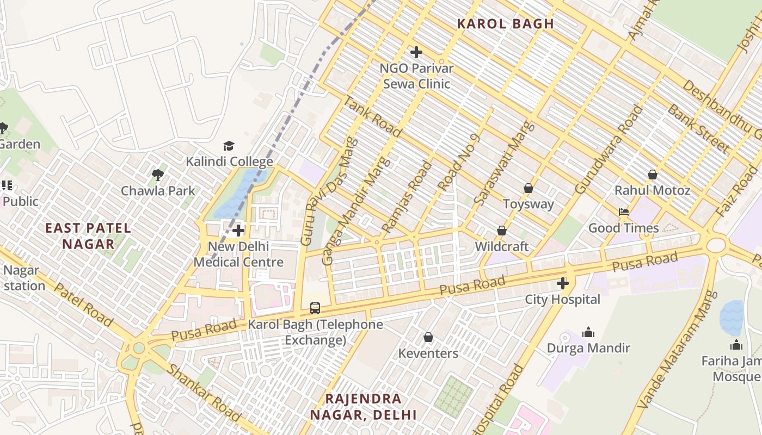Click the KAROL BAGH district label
pyautogui.click(x=505, y=24)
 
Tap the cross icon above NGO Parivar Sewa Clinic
pyautogui.click(x=416, y=52)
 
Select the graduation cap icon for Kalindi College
pyautogui.click(x=229, y=146)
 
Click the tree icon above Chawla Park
pyautogui.click(x=158, y=175)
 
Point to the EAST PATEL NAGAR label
pyautogui.click(x=88, y=236)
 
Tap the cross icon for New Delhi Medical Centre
pyautogui.click(x=238, y=231)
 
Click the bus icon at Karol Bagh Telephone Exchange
pyautogui.click(x=315, y=308)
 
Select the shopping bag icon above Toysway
pyautogui.click(x=528, y=188)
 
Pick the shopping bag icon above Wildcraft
pyautogui.click(x=501, y=231)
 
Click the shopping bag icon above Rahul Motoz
pyautogui.click(x=652, y=175)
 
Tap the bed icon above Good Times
pyautogui.click(x=623, y=212)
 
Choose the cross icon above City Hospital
pyautogui.click(x=562, y=283)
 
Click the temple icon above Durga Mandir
pyautogui.click(x=588, y=332)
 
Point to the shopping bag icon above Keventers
pyautogui.click(x=428, y=338)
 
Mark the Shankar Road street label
pyautogui.click(x=204, y=393)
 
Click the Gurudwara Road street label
pyautogui.click(x=609, y=150)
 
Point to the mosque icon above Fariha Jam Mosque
pyautogui.click(x=736, y=345)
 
